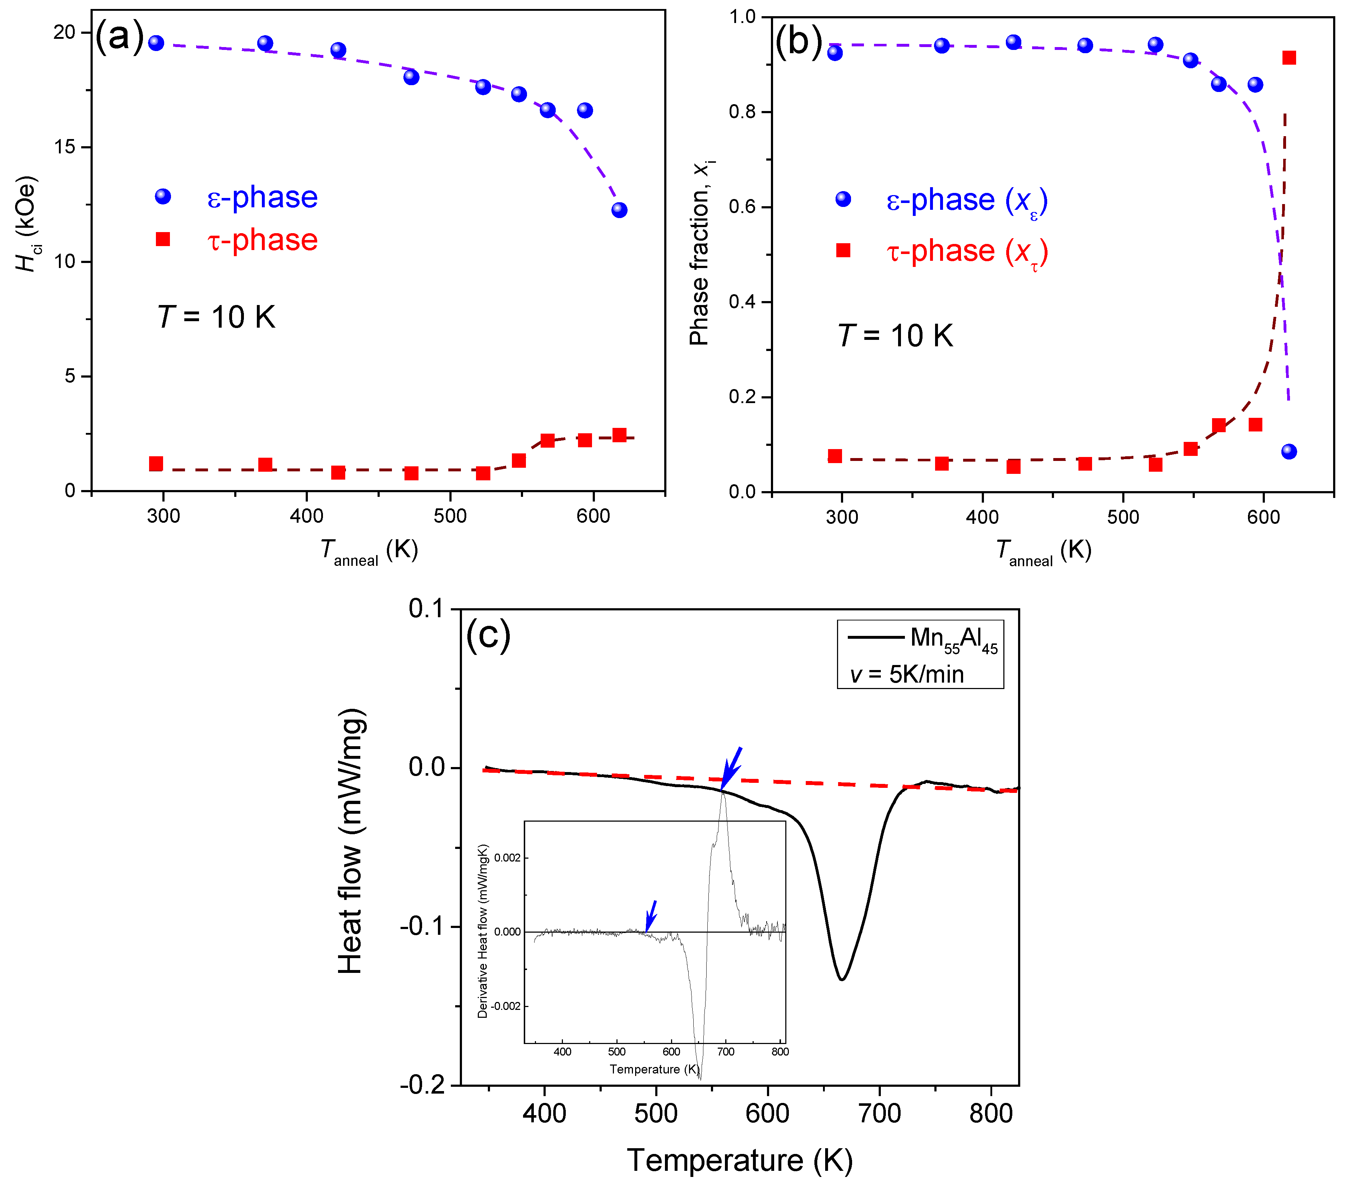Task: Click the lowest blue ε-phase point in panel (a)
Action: point(619,210)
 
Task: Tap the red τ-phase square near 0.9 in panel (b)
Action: point(1289,58)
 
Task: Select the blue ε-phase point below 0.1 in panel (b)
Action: point(1289,452)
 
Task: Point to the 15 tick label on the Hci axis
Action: point(65,147)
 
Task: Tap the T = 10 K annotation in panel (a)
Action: point(216,317)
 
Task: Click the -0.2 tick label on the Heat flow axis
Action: point(423,1085)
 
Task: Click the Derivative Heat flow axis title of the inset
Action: point(483,931)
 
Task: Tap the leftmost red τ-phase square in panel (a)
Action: point(156,464)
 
